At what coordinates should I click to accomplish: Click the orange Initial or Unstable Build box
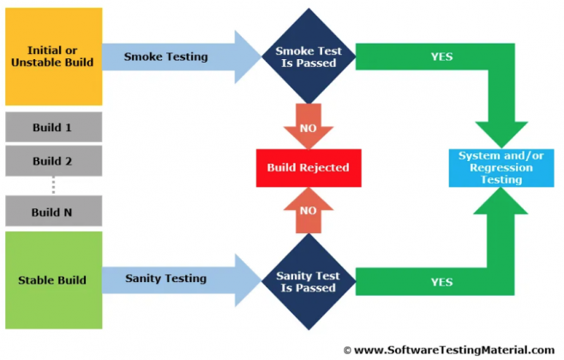click(x=53, y=57)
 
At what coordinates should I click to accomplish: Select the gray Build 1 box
click(x=53, y=128)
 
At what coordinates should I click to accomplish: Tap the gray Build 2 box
click(x=53, y=160)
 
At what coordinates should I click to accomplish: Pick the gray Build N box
click(x=53, y=211)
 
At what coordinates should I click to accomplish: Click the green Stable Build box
click(x=53, y=279)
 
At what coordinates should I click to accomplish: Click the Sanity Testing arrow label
click(x=165, y=279)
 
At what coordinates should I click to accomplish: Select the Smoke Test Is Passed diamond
click(x=307, y=57)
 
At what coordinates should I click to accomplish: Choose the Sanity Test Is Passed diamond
click(x=307, y=281)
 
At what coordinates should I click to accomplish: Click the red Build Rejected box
click(x=307, y=167)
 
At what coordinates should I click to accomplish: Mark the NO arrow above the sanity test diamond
click(x=307, y=210)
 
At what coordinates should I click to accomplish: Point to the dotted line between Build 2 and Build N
click(x=53, y=185)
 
